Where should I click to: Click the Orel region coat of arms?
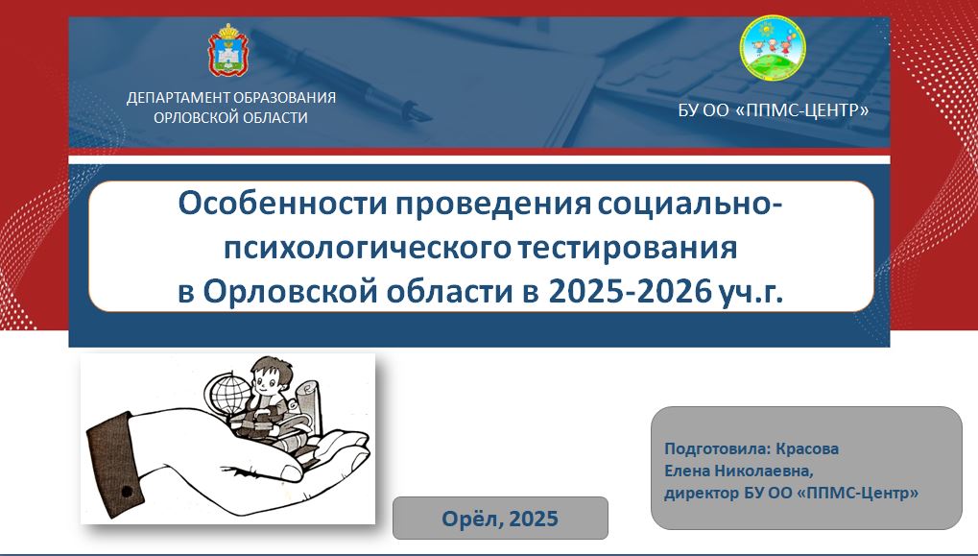click(227, 50)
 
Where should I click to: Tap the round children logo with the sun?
click(773, 49)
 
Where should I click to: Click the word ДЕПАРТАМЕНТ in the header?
click(178, 98)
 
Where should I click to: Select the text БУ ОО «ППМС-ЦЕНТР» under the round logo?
click(774, 110)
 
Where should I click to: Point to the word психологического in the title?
click(368, 248)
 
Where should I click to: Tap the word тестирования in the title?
click(628, 248)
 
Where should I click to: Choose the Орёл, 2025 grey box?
click(500, 518)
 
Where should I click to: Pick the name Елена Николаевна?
click(738, 471)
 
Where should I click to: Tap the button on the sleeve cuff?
click(127, 493)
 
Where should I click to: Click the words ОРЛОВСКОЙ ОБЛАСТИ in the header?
click(230, 118)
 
